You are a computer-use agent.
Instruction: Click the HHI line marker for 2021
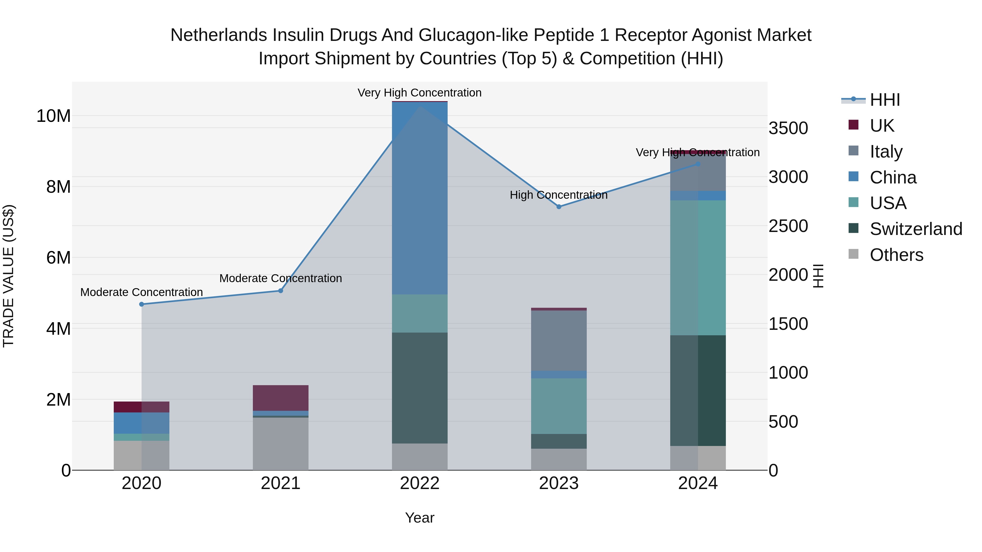click(281, 291)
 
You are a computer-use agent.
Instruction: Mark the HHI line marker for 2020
click(141, 304)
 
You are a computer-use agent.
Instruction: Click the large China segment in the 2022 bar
click(420, 198)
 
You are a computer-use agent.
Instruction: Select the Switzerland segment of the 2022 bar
click(420, 388)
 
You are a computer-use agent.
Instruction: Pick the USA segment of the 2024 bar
click(698, 268)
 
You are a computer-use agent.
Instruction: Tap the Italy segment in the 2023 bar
click(559, 340)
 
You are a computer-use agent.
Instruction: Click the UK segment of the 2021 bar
click(281, 398)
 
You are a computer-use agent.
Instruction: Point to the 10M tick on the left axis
click(53, 116)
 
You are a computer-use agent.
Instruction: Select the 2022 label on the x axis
click(420, 483)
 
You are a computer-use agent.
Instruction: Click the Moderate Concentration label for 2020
click(141, 292)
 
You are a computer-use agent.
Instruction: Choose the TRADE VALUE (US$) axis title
click(8, 276)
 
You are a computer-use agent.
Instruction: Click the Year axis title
click(420, 518)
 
